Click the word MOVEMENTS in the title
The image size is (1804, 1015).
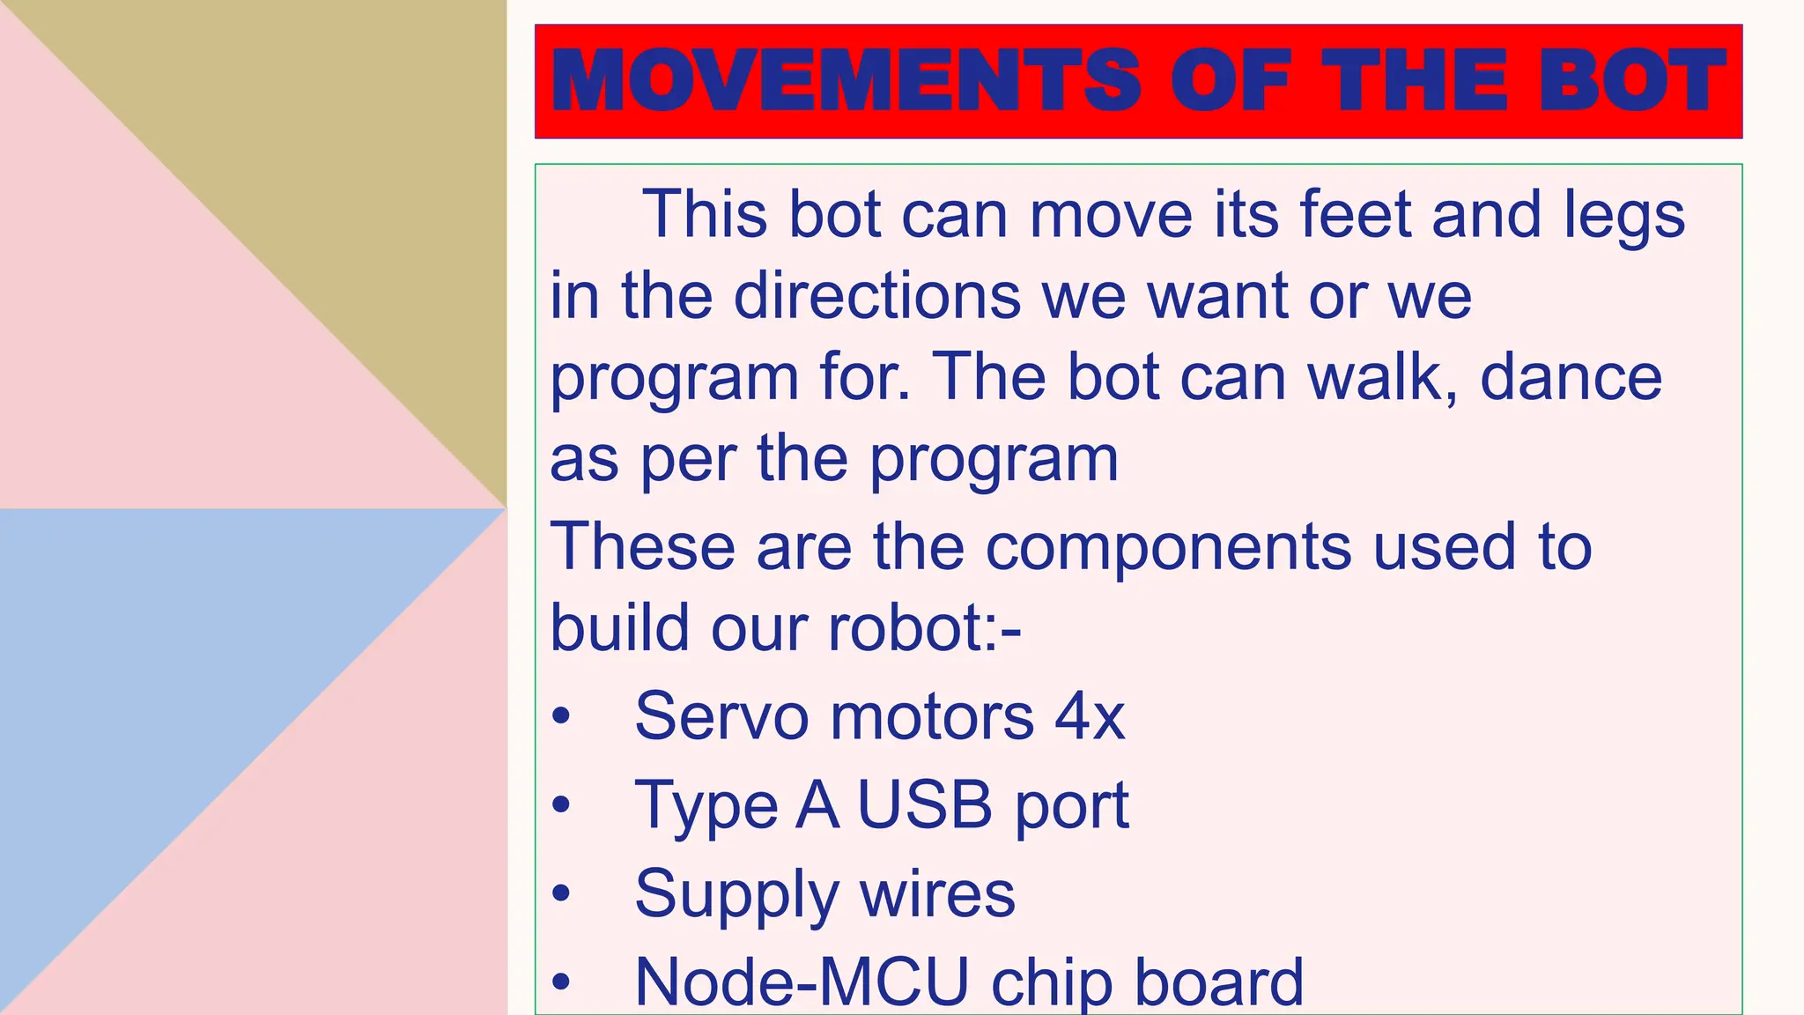point(846,81)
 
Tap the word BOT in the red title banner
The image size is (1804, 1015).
point(1632,81)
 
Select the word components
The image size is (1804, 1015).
point(1168,546)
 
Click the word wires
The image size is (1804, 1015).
point(937,893)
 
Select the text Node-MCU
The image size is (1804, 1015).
point(802,982)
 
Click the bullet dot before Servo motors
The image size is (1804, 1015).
point(561,716)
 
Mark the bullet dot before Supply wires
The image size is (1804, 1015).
point(561,894)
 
